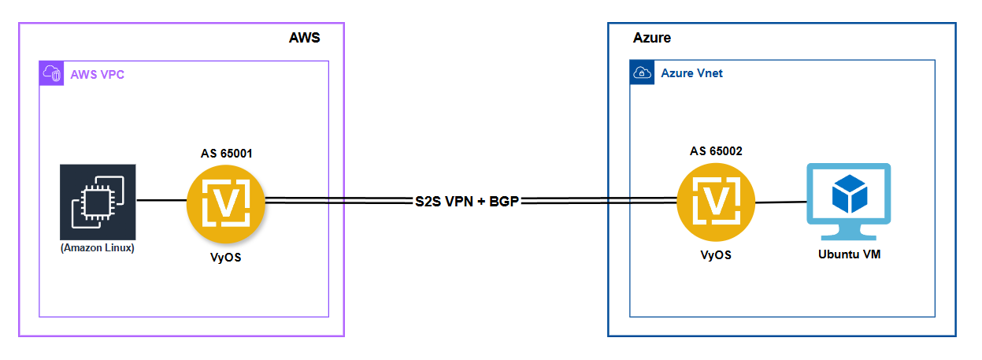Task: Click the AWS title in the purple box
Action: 305,39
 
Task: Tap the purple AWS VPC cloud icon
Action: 51,74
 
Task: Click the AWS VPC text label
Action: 97,75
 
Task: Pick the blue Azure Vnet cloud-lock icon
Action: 642,73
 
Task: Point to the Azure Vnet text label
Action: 691,73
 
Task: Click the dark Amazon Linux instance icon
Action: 98,202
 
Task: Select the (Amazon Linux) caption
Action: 98,249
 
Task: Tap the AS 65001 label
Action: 227,153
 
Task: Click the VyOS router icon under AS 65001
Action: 226,202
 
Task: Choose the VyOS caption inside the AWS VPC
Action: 226,257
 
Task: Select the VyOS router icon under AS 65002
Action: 715,202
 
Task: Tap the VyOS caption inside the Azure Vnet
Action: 715,255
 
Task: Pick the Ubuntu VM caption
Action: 847,255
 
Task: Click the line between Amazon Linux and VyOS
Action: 161,201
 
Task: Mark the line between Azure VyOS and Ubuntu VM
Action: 780,202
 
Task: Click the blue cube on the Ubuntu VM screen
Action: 847,192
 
